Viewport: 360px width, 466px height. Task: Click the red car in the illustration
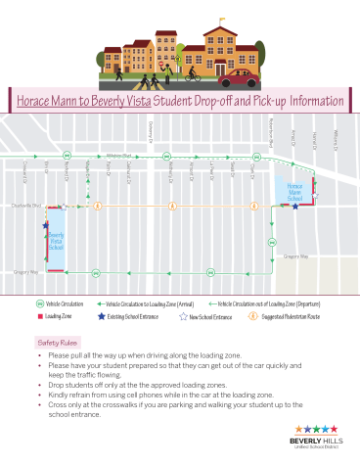click(246, 76)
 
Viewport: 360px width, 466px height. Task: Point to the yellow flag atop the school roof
click(224, 20)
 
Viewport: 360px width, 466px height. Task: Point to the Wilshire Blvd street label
click(118, 155)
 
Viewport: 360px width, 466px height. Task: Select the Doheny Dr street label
click(151, 132)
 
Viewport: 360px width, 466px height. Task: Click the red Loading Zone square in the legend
click(39, 317)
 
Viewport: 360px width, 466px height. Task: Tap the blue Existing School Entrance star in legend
click(101, 317)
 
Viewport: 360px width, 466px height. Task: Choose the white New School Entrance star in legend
click(183, 317)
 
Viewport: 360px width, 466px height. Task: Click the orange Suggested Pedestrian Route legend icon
click(253, 317)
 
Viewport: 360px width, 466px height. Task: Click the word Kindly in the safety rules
click(59, 393)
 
